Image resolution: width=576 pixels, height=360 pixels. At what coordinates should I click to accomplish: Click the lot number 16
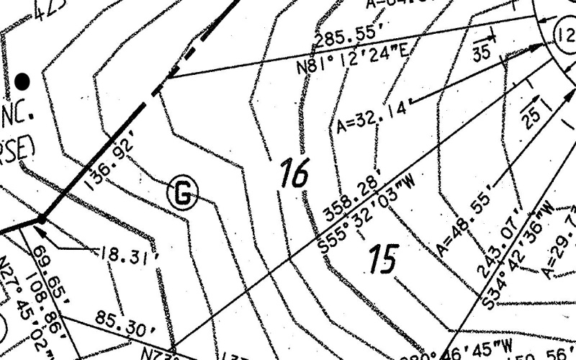click(x=294, y=174)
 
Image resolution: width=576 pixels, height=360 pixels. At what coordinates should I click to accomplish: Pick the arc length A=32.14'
click(x=372, y=117)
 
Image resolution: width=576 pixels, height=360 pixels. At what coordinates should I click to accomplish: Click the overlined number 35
click(x=482, y=51)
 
